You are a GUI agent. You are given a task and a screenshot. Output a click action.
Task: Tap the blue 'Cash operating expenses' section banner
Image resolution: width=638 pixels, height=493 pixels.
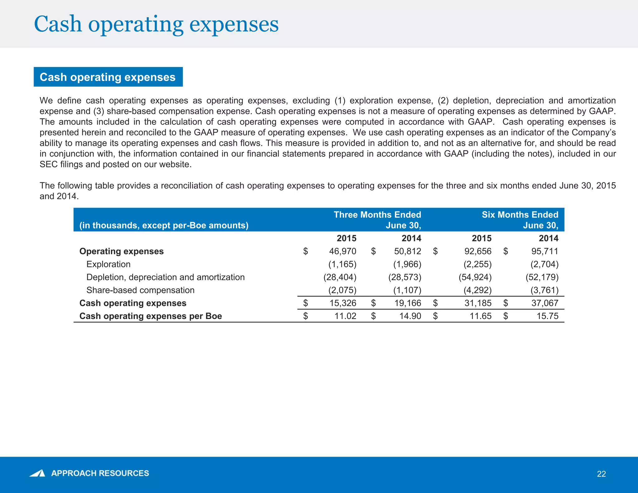108,77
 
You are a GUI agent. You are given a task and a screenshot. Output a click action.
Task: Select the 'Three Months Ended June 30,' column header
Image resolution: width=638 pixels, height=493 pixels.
377,220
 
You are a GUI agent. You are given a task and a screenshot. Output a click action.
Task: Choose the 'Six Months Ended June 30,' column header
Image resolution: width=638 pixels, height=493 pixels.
520,220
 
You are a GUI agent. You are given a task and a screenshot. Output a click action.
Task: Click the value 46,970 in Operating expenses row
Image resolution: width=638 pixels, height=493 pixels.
342,251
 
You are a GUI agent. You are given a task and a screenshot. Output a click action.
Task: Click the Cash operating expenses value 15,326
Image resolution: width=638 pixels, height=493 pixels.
343,303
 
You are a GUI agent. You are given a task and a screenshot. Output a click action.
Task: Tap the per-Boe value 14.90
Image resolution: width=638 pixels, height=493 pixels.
410,316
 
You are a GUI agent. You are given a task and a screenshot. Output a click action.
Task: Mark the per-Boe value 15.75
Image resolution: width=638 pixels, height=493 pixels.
547,316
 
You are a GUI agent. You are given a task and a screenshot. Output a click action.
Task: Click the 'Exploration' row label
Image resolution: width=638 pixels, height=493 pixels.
108,264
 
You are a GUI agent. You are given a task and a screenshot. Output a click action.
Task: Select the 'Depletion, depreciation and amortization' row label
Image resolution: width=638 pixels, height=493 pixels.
165,277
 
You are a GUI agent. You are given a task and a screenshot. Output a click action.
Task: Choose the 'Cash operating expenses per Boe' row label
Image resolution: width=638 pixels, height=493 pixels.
150,316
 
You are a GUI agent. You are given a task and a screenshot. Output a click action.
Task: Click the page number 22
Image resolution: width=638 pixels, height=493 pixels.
601,474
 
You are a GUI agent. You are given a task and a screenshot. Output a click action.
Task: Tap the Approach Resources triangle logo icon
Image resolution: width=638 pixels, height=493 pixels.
37,473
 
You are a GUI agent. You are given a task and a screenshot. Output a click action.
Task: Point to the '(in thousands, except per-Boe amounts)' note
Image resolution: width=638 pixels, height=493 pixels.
164,225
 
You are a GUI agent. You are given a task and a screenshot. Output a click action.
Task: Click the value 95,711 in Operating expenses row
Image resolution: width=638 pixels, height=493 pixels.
545,251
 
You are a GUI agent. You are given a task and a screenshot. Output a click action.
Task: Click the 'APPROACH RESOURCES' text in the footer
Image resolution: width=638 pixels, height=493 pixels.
100,473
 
